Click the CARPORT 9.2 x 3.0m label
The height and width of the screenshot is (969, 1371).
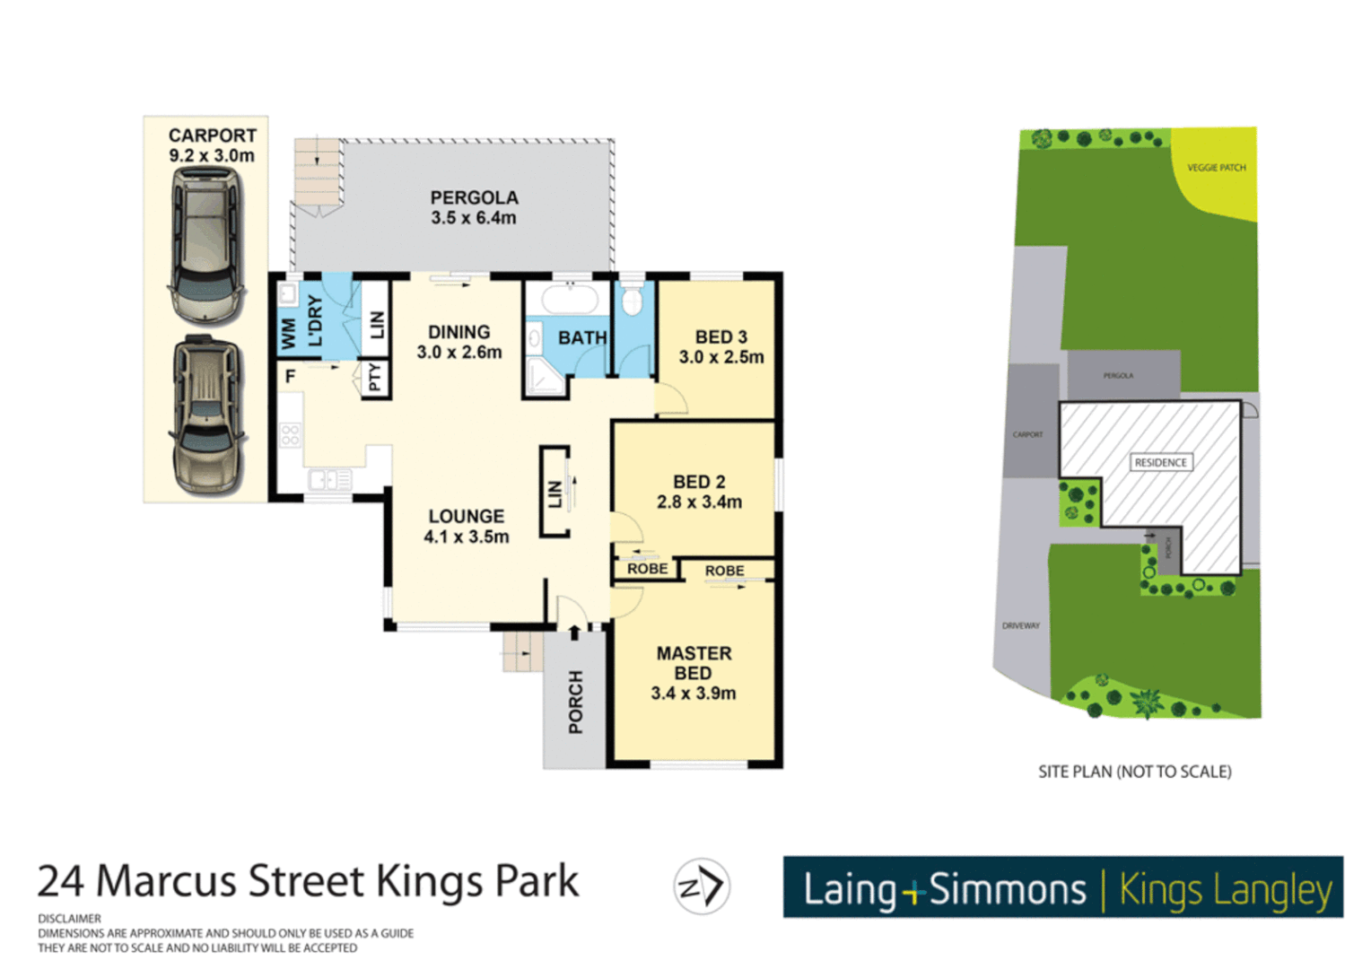point(212,145)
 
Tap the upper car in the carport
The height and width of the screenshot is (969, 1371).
point(206,244)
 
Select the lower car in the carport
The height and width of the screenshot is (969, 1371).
point(207,415)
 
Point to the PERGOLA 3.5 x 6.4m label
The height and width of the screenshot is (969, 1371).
point(474,207)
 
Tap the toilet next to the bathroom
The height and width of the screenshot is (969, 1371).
point(633,299)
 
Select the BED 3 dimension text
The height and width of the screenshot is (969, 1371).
point(721,357)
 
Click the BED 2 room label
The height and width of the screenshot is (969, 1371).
point(699,482)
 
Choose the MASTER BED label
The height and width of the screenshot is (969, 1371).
point(694,663)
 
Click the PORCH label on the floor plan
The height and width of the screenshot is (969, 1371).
point(575,702)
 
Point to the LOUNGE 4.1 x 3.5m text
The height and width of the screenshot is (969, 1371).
point(466,527)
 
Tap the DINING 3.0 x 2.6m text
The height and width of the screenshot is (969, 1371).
point(458,342)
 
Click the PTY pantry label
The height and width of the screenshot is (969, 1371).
point(375,378)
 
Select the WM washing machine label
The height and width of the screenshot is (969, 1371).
point(288,334)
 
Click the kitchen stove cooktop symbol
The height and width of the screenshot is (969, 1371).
point(290,436)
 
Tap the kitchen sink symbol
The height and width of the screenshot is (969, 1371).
point(329,481)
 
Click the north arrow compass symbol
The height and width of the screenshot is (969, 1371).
point(702,886)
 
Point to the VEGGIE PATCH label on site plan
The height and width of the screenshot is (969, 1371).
point(1216,168)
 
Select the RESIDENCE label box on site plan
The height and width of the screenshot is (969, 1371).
point(1160,462)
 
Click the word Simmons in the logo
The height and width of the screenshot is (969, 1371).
point(1007,889)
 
